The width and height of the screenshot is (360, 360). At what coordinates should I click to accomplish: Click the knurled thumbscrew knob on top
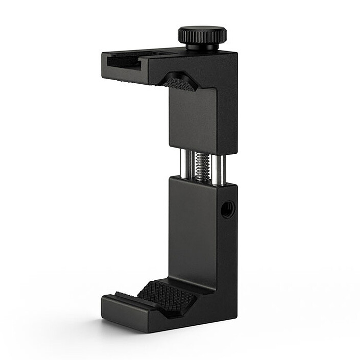pyautogui.click(x=202, y=34)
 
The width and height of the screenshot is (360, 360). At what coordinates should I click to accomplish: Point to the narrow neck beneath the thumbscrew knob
pyautogui.click(x=202, y=47)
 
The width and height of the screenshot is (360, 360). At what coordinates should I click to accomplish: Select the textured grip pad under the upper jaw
pyautogui.click(x=180, y=83)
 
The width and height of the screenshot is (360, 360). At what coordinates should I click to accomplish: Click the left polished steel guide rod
pyautogui.click(x=185, y=165)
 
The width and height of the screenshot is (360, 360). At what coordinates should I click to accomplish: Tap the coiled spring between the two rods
pyautogui.click(x=202, y=166)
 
